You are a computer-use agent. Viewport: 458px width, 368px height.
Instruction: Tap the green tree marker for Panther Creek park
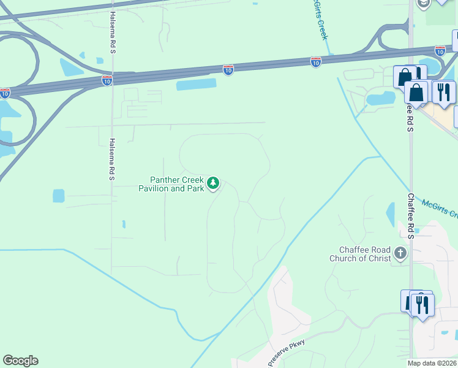pos(213,183)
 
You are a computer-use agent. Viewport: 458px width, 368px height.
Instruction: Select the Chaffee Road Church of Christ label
pos(365,254)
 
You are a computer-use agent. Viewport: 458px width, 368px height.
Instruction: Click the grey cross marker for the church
pos(400,253)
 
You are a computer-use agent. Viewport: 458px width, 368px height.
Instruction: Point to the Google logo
pos(20,361)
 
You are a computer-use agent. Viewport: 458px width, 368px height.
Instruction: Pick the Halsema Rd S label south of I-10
pos(112,158)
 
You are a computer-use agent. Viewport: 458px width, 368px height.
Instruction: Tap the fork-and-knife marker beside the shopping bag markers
pos(443,92)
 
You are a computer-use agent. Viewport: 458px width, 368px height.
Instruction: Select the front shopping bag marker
pos(416,93)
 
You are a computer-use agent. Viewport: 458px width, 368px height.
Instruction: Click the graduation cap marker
pos(422,4)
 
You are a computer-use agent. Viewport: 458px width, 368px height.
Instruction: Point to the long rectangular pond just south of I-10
pos(197,85)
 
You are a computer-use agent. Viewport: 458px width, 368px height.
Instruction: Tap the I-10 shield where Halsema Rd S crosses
pos(107,80)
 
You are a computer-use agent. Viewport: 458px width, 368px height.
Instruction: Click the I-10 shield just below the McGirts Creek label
pos(316,62)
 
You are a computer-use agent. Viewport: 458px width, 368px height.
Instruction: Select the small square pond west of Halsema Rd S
pos(58,196)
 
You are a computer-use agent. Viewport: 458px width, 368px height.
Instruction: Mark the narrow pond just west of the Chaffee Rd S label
pos(391,214)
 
